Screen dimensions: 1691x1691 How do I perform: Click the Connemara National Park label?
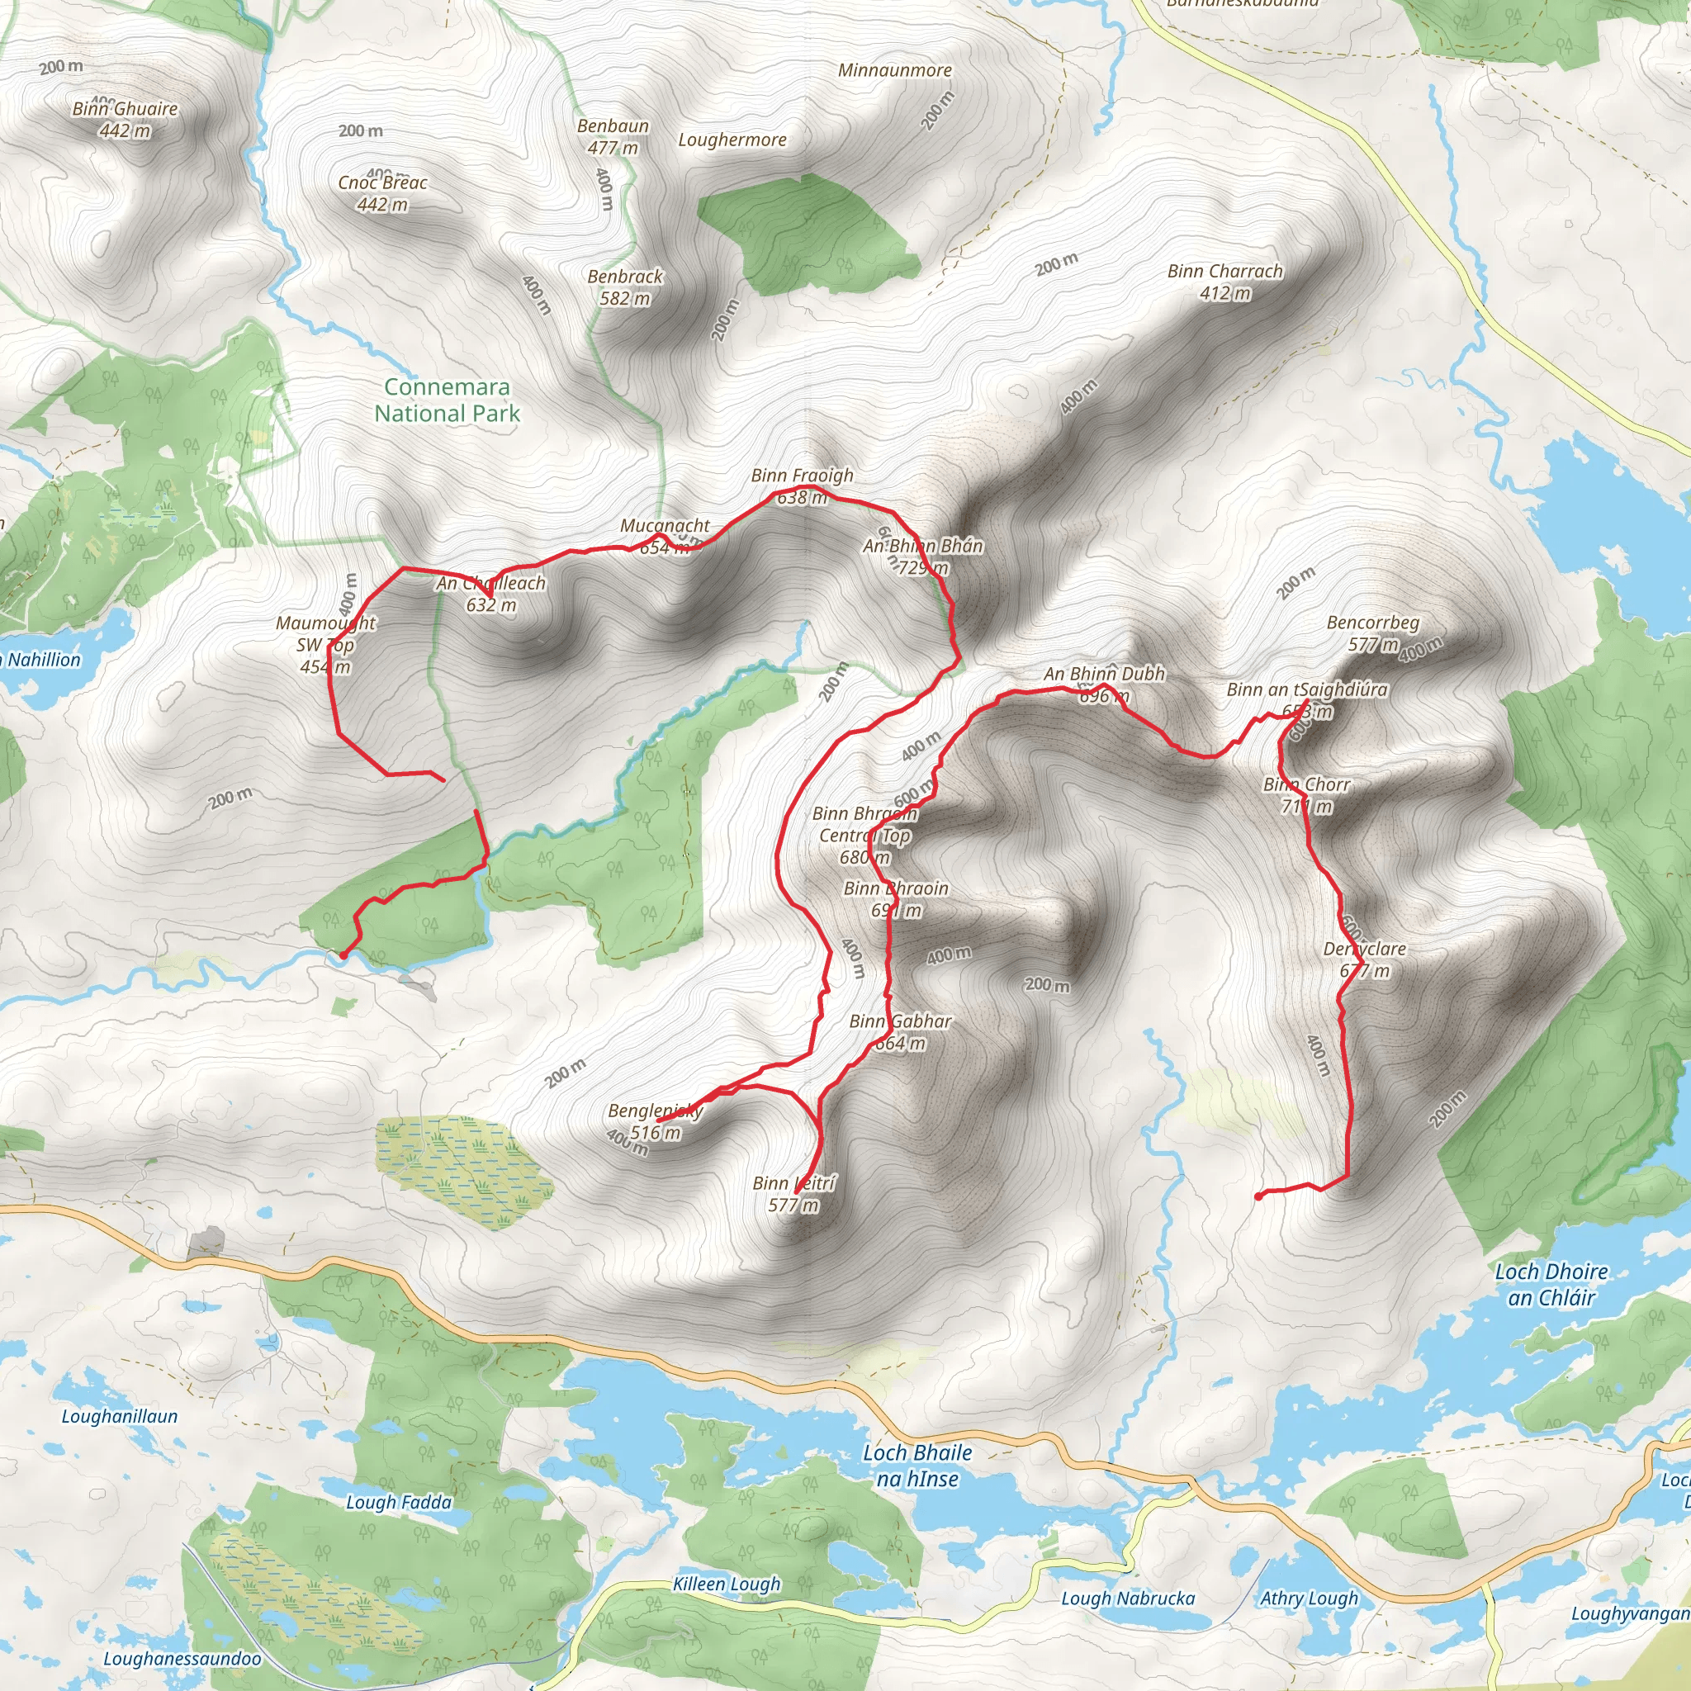point(448,400)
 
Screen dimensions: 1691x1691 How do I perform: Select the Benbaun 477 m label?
point(613,136)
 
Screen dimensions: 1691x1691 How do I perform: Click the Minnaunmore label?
point(894,70)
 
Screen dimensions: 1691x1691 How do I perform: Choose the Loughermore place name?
point(732,140)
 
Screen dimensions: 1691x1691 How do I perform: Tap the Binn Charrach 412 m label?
point(1224,282)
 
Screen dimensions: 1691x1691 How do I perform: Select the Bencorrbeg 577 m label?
point(1372,632)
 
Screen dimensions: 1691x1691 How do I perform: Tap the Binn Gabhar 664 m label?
point(900,1031)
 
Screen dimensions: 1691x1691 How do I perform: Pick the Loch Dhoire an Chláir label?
point(1551,1284)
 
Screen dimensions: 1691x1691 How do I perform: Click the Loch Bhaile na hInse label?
point(917,1466)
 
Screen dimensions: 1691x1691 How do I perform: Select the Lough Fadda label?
point(398,1503)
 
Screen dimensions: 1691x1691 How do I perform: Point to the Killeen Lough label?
point(727,1584)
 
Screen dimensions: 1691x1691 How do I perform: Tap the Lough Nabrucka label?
point(1127,1599)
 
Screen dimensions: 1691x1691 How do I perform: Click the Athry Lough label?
point(1309,1599)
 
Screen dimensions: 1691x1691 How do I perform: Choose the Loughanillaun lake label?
point(119,1416)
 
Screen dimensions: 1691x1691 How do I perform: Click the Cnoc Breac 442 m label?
point(382,192)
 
